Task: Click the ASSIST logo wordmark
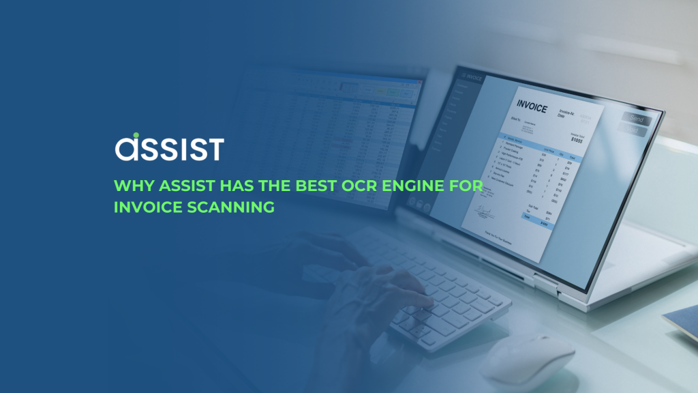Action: coord(169,147)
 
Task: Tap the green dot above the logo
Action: coord(136,135)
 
